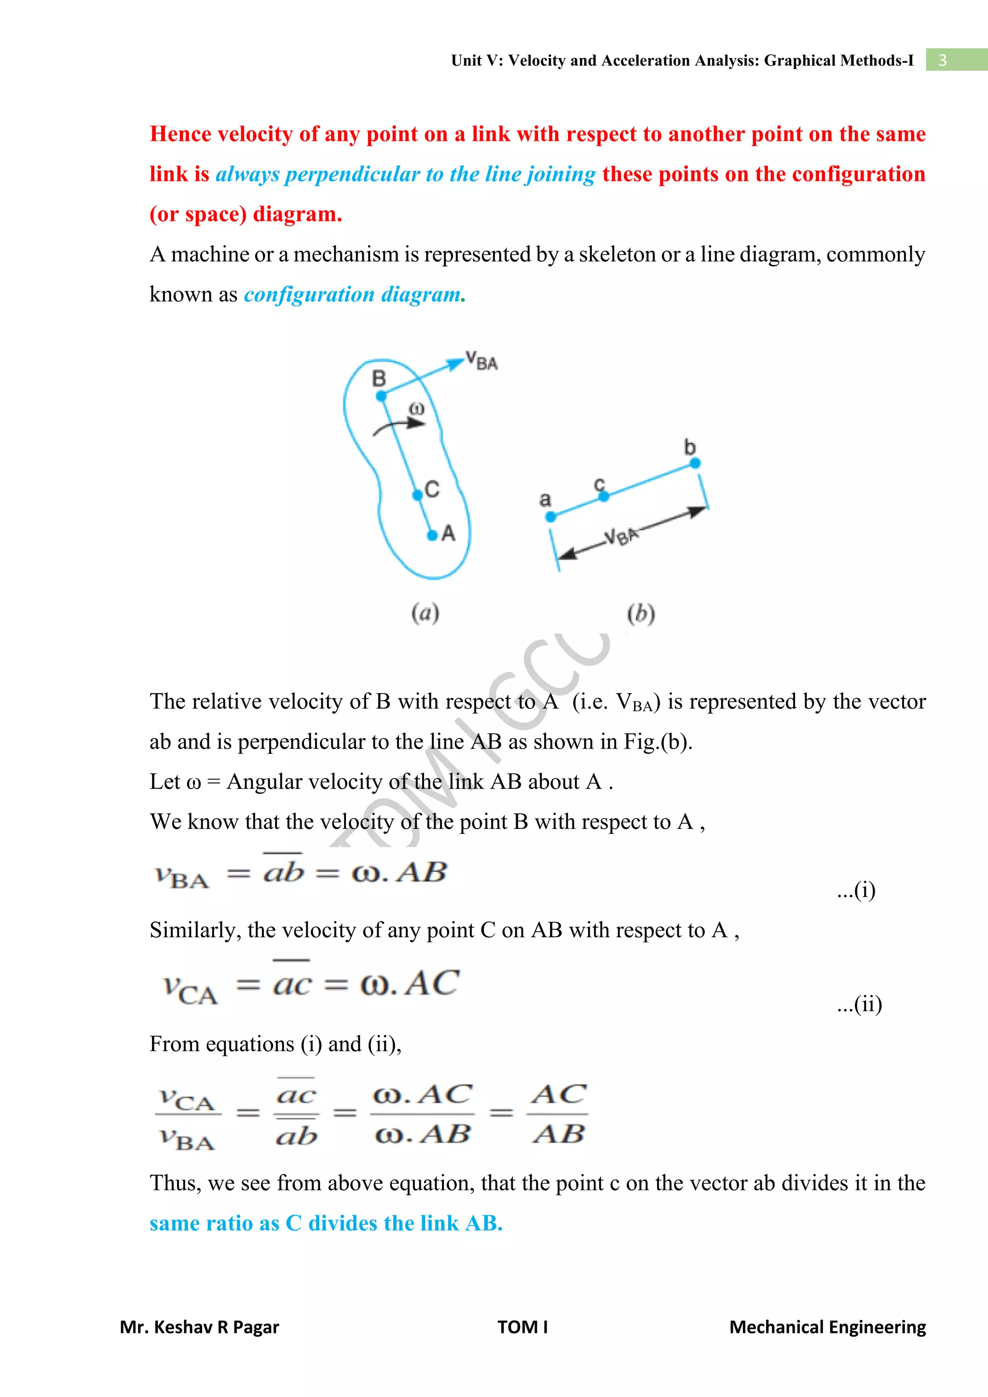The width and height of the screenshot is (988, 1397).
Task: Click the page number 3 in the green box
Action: pos(942,60)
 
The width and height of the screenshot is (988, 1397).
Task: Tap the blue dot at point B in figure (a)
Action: pos(382,396)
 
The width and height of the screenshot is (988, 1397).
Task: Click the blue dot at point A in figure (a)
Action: pos(432,535)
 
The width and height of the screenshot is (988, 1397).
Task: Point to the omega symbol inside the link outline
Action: pos(416,408)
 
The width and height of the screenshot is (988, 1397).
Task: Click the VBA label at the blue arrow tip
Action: pos(482,361)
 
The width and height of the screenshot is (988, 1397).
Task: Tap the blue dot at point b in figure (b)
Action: pos(695,464)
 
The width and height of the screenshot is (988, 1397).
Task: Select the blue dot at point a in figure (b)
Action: pos(550,517)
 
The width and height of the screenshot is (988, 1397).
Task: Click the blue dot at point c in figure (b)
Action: pos(604,496)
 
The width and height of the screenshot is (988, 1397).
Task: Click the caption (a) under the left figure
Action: pos(425,613)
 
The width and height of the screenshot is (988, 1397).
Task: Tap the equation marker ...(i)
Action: pos(856,891)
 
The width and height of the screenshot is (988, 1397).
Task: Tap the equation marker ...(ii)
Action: pos(859,1004)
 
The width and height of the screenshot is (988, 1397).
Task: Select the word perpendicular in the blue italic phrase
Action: pos(352,175)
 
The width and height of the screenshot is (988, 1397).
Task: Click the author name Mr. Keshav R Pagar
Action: pos(200,1327)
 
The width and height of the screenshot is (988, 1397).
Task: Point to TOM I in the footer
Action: pos(522,1327)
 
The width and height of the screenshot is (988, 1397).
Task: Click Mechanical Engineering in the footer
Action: pos(827,1327)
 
